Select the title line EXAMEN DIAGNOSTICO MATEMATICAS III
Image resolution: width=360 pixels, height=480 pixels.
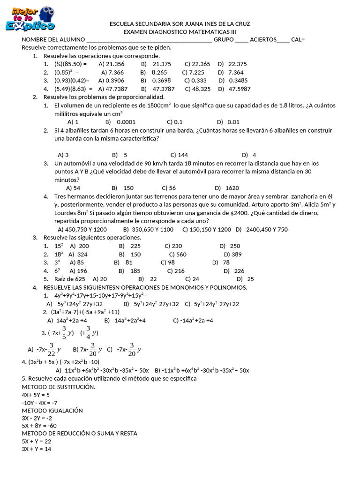click(x=180, y=32)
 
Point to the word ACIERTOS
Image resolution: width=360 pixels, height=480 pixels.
click(x=263, y=40)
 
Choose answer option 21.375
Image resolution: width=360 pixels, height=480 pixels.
click(x=162, y=64)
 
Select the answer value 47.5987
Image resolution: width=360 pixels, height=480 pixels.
click(x=239, y=89)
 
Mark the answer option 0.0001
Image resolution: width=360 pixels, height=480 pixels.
click(x=126, y=122)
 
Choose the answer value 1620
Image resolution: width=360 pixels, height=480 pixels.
click(x=232, y=188)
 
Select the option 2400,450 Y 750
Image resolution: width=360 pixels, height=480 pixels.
click(x=267, y=230)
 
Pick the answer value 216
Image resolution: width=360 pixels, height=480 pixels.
click(x=179, y=271)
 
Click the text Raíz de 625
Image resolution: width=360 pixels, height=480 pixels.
click(x=70, y=279)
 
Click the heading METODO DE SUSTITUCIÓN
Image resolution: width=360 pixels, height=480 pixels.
click(x=58, y=387)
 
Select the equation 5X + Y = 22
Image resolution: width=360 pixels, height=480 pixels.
click(x=36, y=442)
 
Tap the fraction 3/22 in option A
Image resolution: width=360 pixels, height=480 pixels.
click(x=52, y=349)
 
